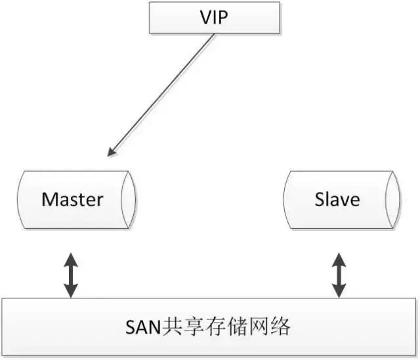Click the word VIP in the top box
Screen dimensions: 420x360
pyautogui.click(x=214, y=18)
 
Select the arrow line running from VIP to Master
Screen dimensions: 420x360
pyautogui.click(x=161, y=94)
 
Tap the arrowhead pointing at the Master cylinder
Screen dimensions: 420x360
pyautogui.click(x=112, y=151)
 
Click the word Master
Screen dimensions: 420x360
pyautogui.click(x=72, y=199)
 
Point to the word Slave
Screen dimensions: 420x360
pyautogui.click(x=337, y=199)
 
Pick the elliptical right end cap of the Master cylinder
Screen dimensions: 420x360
pyautogui.click(x=129, y=200)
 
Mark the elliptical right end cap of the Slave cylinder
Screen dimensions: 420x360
pyautogui.click(x=392, y=200)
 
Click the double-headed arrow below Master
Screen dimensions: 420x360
pyautogui.click(x=71, y=275)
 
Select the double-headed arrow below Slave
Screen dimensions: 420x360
pyautogui.click(x=339, y=275)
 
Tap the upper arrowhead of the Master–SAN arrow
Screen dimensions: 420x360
pyautogui.click(x=71, y=260)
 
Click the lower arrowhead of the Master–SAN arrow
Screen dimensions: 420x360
pyautogui.click(x=71, y=291)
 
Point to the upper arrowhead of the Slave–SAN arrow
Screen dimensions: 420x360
pyautogui.click(x=339, y=260)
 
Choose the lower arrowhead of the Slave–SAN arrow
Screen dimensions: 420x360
pyautogui.click(x=339, y=291)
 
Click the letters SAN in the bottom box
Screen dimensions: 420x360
pyautogui.click(x=144, y=327)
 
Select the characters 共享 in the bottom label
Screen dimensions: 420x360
pyautogui.click(x=184, y=327)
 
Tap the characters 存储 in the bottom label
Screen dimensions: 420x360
pyautogui.click(x=226, y=327)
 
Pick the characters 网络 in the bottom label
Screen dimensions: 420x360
pyautogui.click(x=269, y=327)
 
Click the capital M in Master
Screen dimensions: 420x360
pyautogui.click(x=49, y=199)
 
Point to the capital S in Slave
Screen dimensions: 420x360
pyautogui.click(x=320, y=199)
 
